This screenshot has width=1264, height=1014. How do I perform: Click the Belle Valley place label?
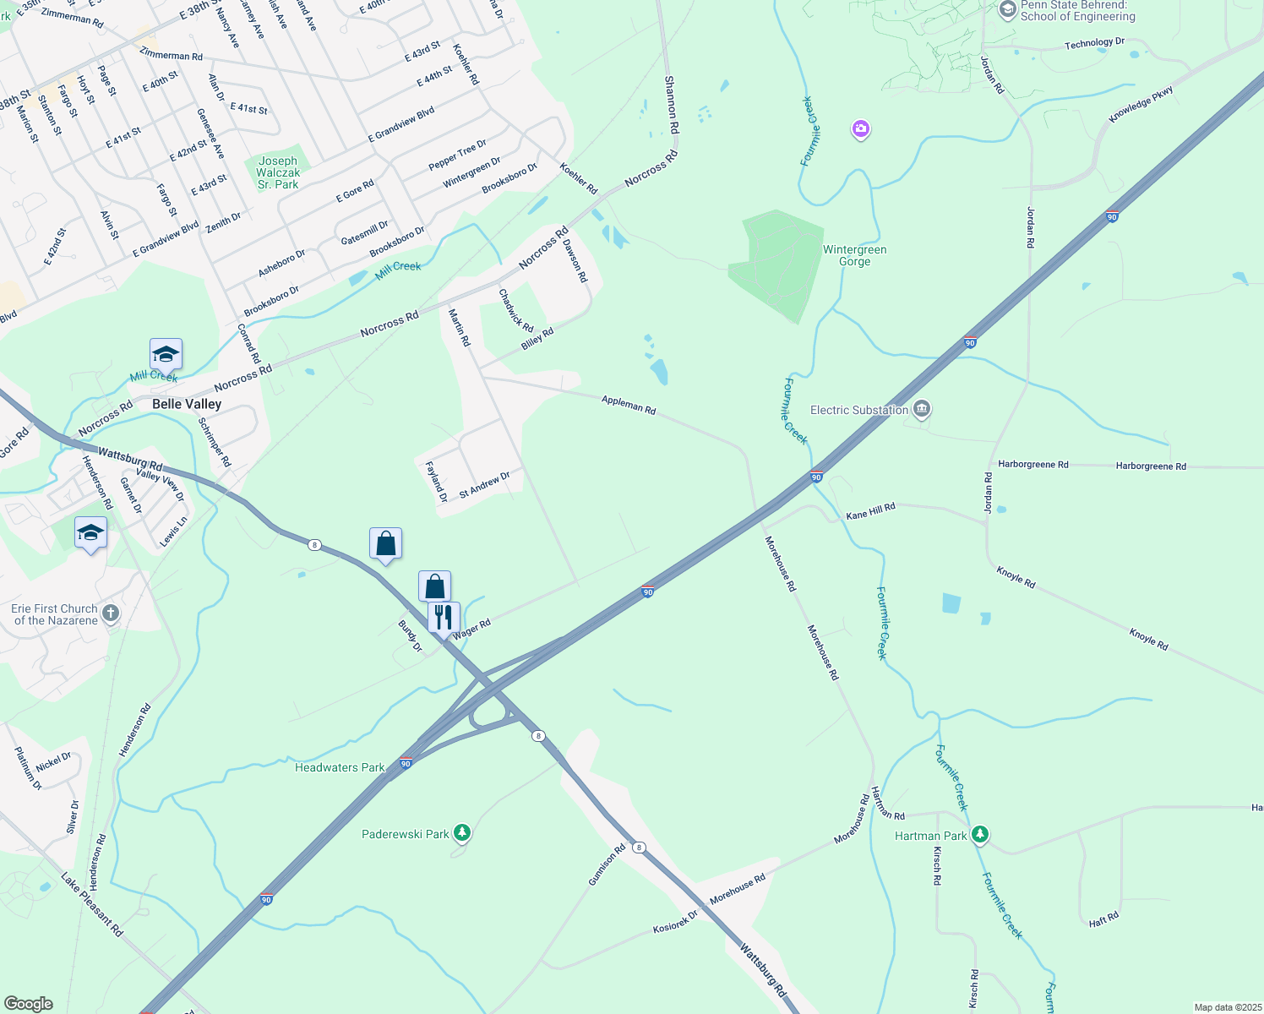click(187, 404)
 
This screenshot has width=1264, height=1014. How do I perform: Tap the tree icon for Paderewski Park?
click(461, 834)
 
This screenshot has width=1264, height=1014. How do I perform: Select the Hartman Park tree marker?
click(979, 835)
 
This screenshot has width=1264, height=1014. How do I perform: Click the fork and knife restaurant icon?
click(444, 616)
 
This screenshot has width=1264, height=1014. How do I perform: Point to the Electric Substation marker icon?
click(922, 410)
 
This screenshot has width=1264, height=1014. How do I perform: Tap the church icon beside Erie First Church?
click(111, 613)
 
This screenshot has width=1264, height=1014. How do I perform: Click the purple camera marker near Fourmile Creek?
click(861, 129)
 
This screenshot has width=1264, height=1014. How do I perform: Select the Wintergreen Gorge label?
click(854, 255)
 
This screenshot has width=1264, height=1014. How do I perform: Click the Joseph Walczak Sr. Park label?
click(278, 172)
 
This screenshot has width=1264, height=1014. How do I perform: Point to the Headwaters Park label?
click(340, 767)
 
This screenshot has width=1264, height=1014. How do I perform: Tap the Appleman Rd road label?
click(629, 405)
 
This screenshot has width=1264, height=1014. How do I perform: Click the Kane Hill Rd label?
click(870, 510)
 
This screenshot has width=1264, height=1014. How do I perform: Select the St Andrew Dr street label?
click(484, 485)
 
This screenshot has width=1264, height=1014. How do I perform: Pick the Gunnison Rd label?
click(607, 864)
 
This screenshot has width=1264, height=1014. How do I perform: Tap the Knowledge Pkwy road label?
click(1141, 104)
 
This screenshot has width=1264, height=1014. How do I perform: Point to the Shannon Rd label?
click(671, 105)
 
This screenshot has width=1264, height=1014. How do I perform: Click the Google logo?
click(29, 1004)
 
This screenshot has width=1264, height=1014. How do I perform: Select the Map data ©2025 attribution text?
click(1227, 1007)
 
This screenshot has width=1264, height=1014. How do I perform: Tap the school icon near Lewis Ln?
click(90, 532)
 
